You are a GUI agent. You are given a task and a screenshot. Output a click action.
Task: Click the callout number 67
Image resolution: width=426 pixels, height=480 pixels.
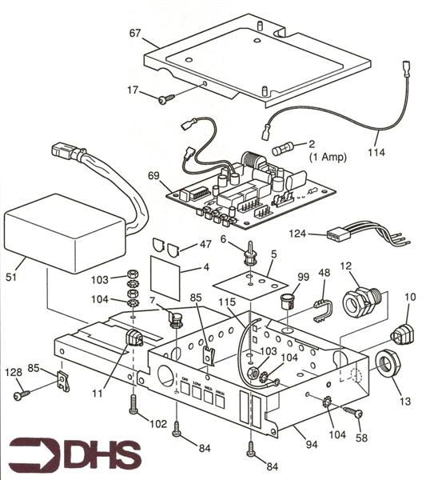pos(134,33)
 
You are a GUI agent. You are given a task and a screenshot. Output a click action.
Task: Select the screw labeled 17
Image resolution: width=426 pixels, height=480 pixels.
pos(166,98)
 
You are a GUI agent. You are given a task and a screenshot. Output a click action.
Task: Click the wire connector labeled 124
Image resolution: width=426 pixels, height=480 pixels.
pos(340,235)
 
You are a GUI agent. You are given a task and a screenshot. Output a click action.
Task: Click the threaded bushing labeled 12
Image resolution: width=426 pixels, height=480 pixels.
pos(356,302)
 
